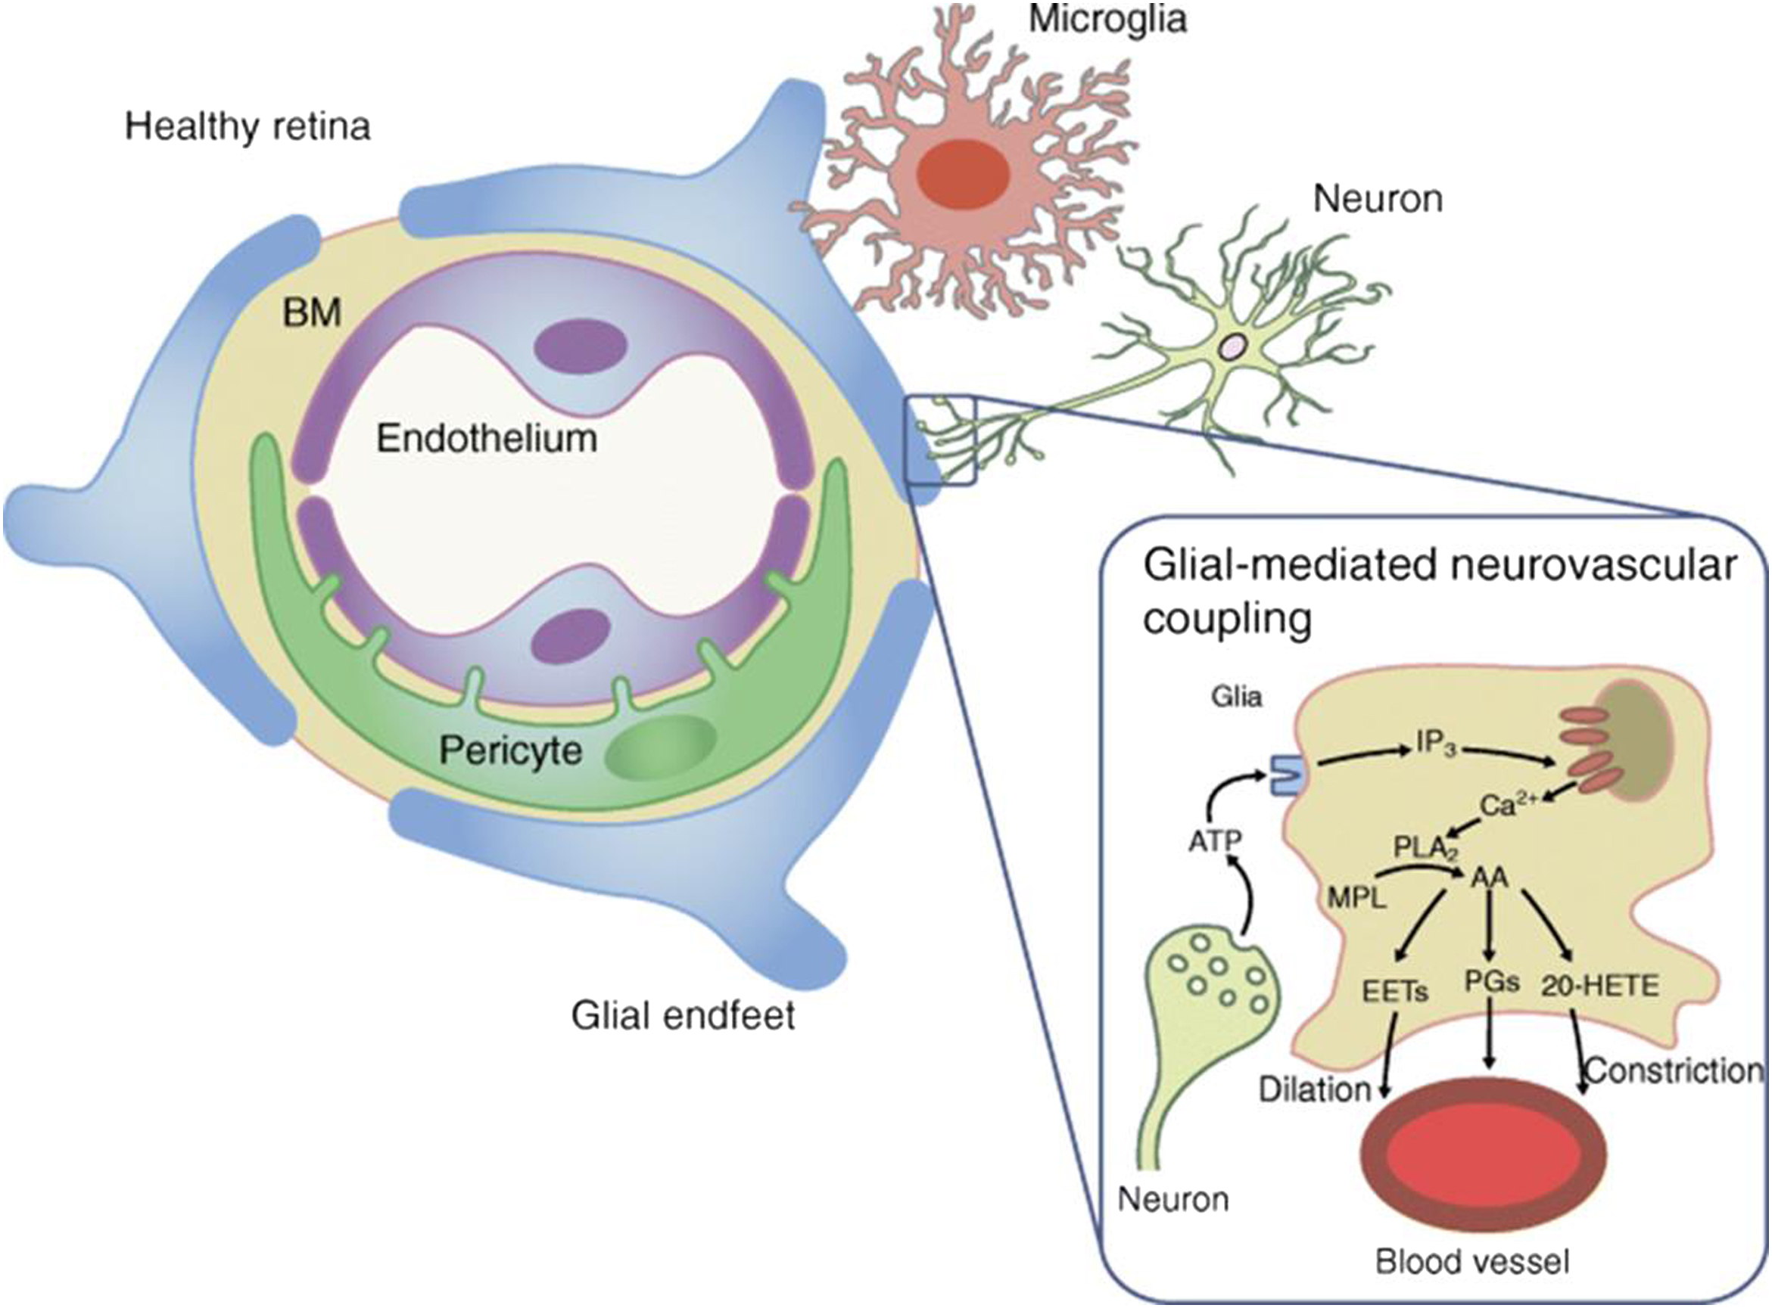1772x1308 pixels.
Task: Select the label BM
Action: pyautogui.click(x=312, y=313)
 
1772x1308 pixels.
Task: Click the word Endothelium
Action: pyautogui.click(x=487, y=438)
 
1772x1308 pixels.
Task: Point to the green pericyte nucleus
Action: pyautogui.click(x=660, y=747)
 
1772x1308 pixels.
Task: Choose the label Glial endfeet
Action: pyautogui.click(x=683, y=1015)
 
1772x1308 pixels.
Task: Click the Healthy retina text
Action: pyautogui.click(x=248, y=126)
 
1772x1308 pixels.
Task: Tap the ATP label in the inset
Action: pyautogui.click(x=1215, y=841)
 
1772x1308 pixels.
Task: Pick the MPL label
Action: pyautogui.click(x=1357, y=898)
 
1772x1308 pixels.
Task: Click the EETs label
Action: pyautogui.click(x=1395, y=991)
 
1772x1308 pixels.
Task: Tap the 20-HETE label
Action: pyautogui.click(x=1600, y=986)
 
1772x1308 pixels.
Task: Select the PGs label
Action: pyautogui.click(x=1492, y=982)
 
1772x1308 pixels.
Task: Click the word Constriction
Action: pyautogui.click(x=1673, y=1070)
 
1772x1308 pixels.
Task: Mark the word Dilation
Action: pyautogui.click(x=1315, y=1089)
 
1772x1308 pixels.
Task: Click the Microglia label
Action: pyautogui.click(x=1107, y=19)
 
